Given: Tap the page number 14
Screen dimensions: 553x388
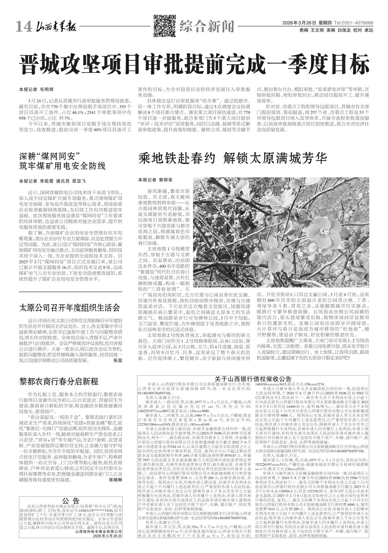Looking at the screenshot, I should pyautogui.click(x=24, y=28).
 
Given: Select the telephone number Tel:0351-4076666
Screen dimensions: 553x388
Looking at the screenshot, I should pyautogui.click(x=353, y=23).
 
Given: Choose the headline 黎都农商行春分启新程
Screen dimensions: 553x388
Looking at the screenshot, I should pyautogui.click(x=59, y=382).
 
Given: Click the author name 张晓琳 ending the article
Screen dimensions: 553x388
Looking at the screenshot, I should pyautogui.click(x=116, y=488).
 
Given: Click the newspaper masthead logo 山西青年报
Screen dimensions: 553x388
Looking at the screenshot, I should pyautogui.click(x=56, y=28).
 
